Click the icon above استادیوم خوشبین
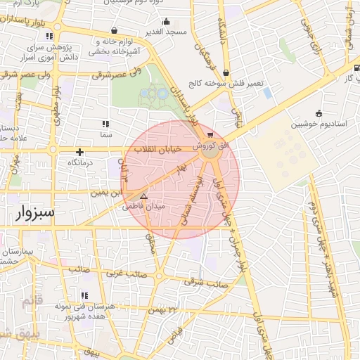[319, 113]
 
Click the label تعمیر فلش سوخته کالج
[225, 83]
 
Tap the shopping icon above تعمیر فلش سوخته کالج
[226, 72]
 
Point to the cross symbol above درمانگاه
[80, 152]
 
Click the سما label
[106, 134]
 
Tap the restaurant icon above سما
[105, 124]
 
